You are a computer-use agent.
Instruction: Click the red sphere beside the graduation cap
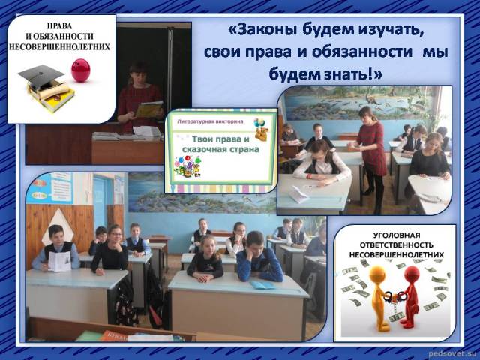pos(81,70)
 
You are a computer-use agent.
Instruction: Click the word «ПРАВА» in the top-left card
pos(60,25)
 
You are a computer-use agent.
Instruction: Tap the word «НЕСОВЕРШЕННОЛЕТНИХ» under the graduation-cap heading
pos(59,47)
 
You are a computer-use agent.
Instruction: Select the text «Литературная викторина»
pos(210,121)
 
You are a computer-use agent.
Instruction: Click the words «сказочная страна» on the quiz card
pos(220,150)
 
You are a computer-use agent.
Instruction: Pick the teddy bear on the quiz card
pos(262,133)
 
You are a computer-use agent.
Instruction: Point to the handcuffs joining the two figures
pos(393,296)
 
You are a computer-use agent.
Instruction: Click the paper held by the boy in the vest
pos(60,262)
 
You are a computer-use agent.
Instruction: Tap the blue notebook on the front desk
pos(262,285)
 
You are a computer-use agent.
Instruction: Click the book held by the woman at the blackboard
pos(148,109)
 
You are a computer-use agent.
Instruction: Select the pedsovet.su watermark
pos(454,353)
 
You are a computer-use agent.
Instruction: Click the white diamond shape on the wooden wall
pos(58,223)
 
